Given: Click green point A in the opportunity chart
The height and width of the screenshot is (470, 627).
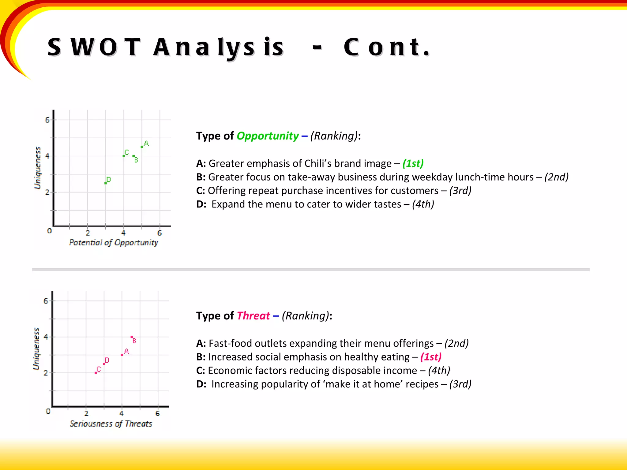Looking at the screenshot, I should click(142, 147).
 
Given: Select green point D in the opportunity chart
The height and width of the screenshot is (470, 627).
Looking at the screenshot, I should click(106, 183).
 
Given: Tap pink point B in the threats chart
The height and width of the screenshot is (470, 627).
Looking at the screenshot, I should click(132, 337).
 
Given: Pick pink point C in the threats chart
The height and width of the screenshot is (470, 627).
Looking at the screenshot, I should click(96, 373).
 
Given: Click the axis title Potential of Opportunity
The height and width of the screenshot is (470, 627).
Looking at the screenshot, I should click(113, 243).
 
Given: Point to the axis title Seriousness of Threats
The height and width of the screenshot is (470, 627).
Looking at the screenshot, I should click(111, 424).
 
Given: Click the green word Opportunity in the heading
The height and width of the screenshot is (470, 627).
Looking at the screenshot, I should click(268, 136).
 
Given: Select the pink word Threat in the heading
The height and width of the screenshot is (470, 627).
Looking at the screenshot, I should click(253, 316).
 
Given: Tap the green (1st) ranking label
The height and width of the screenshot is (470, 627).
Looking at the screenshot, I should click(413, 163).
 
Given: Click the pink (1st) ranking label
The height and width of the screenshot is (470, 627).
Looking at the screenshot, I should click(431, 357).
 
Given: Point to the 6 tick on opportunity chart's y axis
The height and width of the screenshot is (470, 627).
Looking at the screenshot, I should click(47, 120).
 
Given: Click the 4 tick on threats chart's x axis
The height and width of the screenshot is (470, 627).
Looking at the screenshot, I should click(122, 413).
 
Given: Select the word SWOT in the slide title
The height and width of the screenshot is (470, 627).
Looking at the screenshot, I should click(94, 47).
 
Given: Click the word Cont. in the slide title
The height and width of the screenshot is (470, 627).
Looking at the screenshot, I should click(386, 47).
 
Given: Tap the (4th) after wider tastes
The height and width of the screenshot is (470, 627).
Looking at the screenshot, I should click(423, 204).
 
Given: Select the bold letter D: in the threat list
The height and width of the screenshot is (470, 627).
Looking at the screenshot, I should click(201, 384).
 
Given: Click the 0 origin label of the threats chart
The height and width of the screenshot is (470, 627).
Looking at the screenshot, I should click(48, 411).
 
